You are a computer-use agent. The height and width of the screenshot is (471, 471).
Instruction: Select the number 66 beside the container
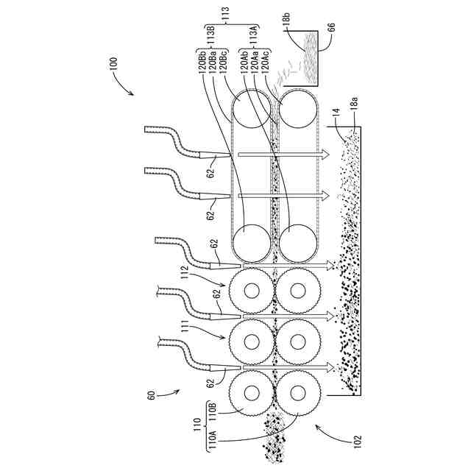pos(330,27)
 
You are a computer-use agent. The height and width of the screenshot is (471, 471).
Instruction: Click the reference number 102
pos(357,442)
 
